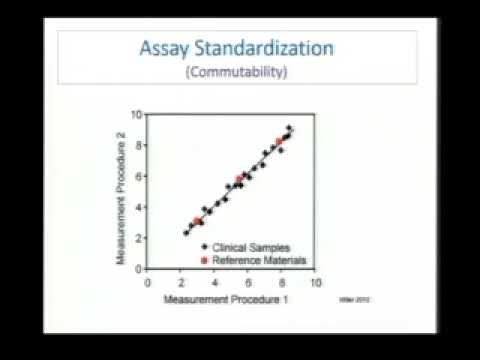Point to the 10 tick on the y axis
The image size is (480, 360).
137,115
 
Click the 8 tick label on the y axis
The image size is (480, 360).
139,147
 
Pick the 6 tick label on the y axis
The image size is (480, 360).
139,178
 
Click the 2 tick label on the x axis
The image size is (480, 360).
181,282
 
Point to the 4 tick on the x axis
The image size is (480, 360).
215,282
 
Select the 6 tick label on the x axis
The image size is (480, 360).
248,282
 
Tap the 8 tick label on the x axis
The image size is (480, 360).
282,282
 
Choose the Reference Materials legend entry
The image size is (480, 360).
258,260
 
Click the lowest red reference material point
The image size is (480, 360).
198,221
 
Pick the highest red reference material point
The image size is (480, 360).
280,141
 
